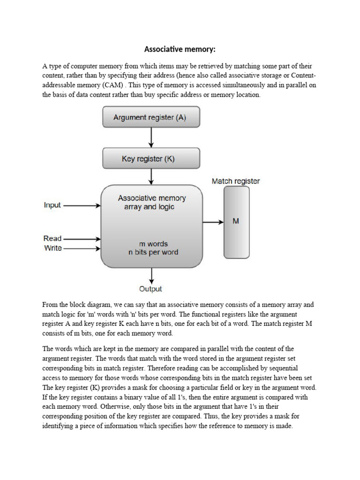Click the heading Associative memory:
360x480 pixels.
(x=180, y=49)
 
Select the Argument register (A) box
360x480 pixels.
(x=151, y=117)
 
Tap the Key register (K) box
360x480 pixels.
(x=151, y=158)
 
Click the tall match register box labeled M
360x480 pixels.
(x=236, y=222)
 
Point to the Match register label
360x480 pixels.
(x=235, y=181)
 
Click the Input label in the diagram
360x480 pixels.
(x=52, y=205)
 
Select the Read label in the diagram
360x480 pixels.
(x=52, y=239)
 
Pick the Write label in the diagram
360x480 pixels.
(x=53, y=248)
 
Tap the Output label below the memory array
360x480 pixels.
(x=150, y=289)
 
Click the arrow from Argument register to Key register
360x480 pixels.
(x=151, y=137)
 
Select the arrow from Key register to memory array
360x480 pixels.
(x=151, y=177)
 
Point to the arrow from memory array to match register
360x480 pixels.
(x=213, y=222)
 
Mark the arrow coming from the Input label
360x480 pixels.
(x=82, y=205)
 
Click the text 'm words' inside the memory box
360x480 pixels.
(x=153, y=244)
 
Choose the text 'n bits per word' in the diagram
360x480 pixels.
(x=153, y=252)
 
